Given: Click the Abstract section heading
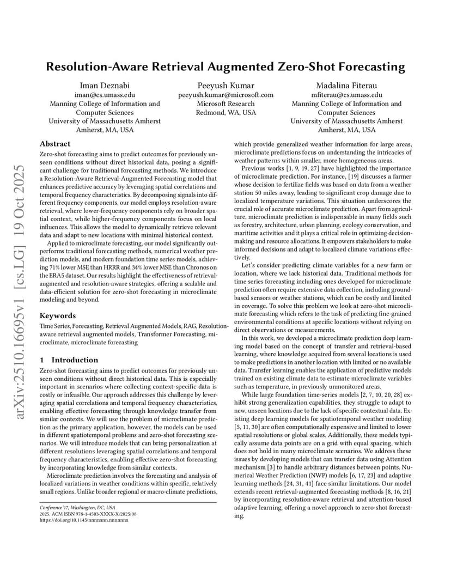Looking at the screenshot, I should tap(55, 144).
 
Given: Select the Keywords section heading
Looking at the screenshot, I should tap(58, 315).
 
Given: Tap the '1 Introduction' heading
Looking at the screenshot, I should tap(69, 360).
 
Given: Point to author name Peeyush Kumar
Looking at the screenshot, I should tap(225, 85).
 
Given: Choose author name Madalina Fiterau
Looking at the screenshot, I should tap(346, 85).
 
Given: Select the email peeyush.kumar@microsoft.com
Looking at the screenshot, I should tap(225, 94).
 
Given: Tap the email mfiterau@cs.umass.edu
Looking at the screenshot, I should tap(346, 94).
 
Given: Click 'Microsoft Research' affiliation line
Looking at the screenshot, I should tap(225, 104).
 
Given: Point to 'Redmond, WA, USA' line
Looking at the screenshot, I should tap(225, 112).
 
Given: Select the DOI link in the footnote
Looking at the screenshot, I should tap(84, 520).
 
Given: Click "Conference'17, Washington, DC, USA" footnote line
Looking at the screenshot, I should tap(77, 507).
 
